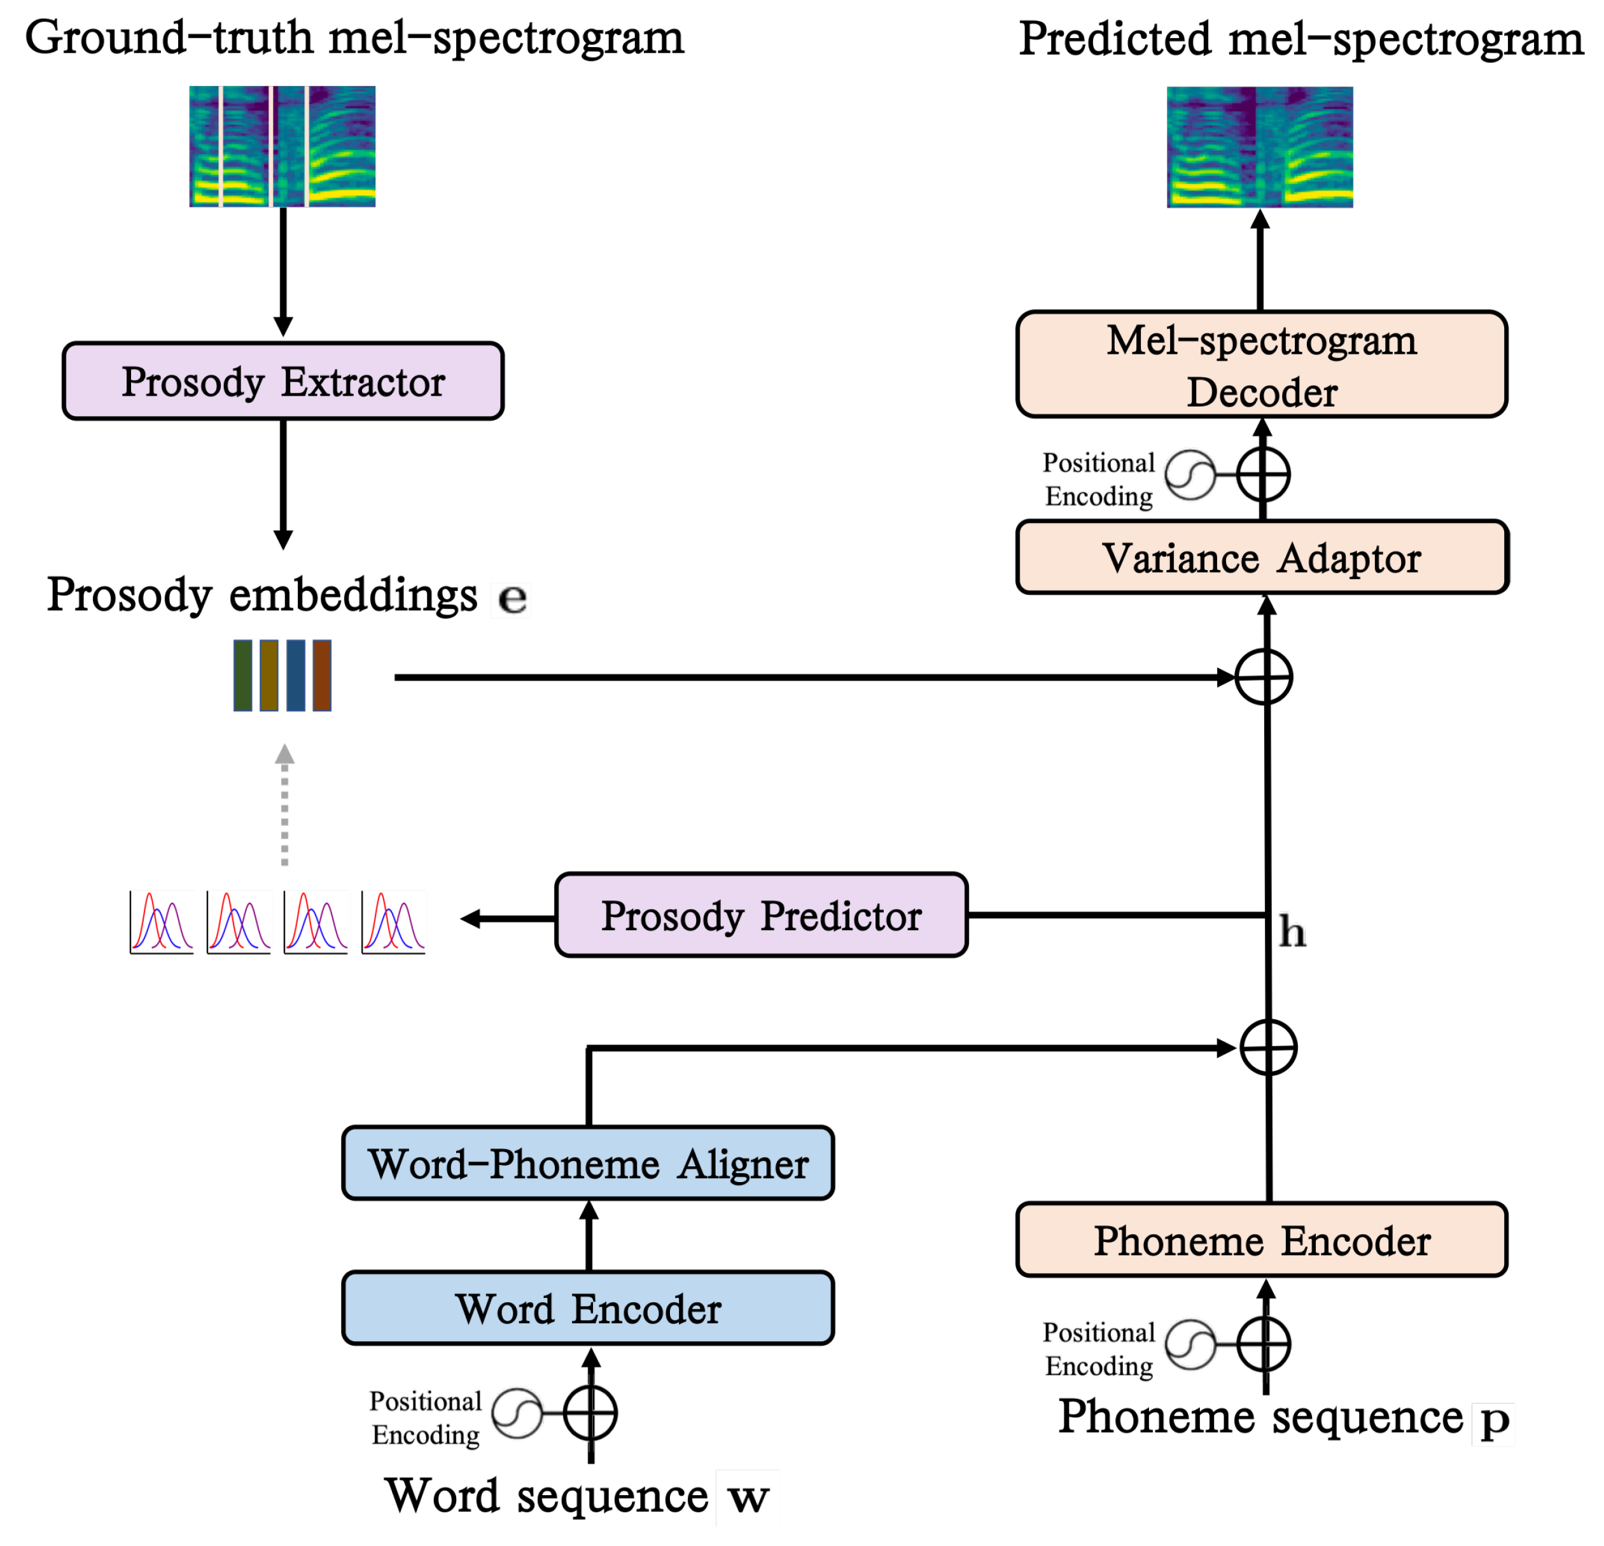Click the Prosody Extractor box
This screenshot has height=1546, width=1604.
pos(282,381)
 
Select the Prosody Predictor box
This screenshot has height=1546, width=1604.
pos(760,915)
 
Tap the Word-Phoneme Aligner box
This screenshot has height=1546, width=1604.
pos(588,1163)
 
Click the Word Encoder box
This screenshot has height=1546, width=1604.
pos(588,1308)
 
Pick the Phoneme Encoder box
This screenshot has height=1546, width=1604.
pos(1261,1239)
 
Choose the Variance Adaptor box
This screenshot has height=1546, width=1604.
pos(1261,557)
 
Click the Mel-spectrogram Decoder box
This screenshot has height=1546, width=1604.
pos(1261,364)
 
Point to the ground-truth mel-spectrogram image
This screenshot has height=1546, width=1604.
pos(282,146)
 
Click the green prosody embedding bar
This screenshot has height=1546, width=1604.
pos(243,675)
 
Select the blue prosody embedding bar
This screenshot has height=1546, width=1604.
pos(295,675)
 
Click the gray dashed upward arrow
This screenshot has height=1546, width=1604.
pos(284,805)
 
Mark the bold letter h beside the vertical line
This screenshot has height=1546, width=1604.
pos(1292,931)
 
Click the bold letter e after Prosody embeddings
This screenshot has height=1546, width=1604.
pos(512,598)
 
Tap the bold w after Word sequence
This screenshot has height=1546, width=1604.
pos(748,1497)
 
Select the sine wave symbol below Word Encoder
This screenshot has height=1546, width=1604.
pos(517,1412)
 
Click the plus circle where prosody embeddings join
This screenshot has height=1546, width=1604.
pos(1263,677)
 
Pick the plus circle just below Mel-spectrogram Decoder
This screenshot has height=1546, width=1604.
pos(1263,474)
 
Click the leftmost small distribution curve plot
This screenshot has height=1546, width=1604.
pos(162,921)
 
